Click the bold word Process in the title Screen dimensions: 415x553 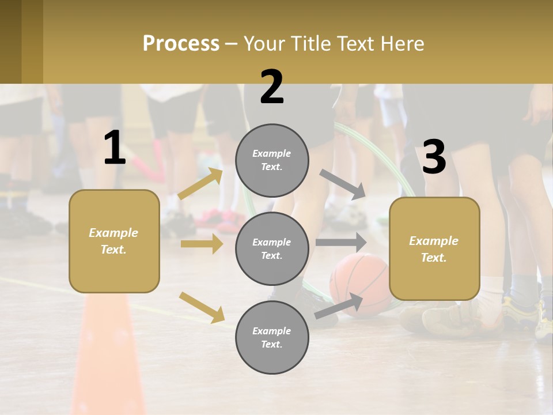click(x=181, y=44)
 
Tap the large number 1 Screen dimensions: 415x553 click(x=115, y=148)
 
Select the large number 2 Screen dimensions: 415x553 click(x=272, y=87)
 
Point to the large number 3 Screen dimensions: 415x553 click(x=434, y=157)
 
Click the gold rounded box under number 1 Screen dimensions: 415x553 click(x=114, y=241)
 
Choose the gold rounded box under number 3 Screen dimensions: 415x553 click(x=434, y=248)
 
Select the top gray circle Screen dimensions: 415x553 click(x=272, y=160)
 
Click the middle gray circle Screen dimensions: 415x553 click(x=272, y=248)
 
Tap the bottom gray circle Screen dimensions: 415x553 click(x=272, y=337)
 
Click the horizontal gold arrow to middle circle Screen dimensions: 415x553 click(x=202, y=244)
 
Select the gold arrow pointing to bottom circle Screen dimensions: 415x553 click(x=202, y=307)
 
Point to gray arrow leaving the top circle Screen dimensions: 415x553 click(x=343, y=184)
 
